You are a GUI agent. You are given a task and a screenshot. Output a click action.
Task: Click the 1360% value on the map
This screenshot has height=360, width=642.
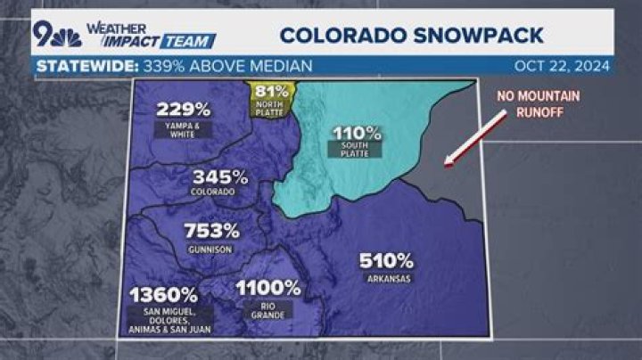(x=164, y=294)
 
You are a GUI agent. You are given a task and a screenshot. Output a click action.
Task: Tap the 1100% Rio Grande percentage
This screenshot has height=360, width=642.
(x=268, y=288)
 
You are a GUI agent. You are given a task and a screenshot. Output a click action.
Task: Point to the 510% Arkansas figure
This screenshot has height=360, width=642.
(x=386, y=261)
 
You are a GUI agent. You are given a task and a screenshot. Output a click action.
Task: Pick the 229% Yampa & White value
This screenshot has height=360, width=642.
(x=184, y=110)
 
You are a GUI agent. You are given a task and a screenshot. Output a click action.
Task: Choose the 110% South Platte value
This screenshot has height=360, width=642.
(x=358, y=133)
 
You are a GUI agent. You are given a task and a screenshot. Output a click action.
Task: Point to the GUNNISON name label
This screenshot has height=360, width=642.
(x=211, y=250)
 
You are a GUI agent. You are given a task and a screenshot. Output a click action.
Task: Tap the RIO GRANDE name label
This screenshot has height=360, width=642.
(x=267, y=308)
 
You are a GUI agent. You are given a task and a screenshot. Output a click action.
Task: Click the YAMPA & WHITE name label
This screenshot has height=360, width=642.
(x=184, y=128)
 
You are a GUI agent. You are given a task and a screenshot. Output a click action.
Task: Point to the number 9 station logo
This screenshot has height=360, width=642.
(x=44, y=34)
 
